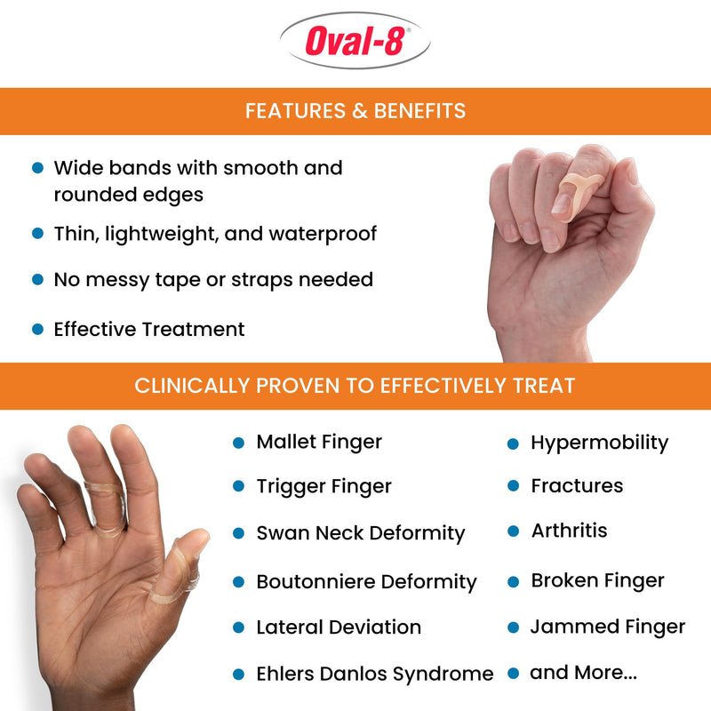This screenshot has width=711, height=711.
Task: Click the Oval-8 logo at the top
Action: pos(355,42)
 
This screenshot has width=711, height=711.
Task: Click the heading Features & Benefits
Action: pos(355,111)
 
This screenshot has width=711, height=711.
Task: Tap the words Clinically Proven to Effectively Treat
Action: pos(355,386)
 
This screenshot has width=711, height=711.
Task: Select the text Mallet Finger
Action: pos(319,442)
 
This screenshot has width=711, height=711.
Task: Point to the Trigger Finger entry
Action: pos(324,486)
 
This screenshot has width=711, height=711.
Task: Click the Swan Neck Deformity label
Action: pos(360,533)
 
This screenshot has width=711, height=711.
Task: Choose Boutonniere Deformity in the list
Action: pos(366,582)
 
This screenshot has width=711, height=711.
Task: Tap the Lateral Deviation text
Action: pos(339,627)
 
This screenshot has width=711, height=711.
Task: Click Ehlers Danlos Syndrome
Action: pos(374,674)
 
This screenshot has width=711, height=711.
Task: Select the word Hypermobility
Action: pos(599,443)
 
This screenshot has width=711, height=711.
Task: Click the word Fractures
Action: pos(577,486)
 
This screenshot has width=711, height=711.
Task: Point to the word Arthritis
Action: pos(569,531)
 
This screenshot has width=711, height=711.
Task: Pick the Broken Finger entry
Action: pos(597,580)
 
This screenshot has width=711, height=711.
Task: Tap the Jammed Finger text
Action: pos(608,627)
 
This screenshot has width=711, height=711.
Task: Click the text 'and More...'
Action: pos(583,673)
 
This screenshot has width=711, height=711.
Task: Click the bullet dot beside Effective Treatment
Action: pos(37,329)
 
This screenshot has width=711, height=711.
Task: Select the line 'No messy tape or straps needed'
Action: pos(213,279)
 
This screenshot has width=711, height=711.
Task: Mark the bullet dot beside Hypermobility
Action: pos(513,443)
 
